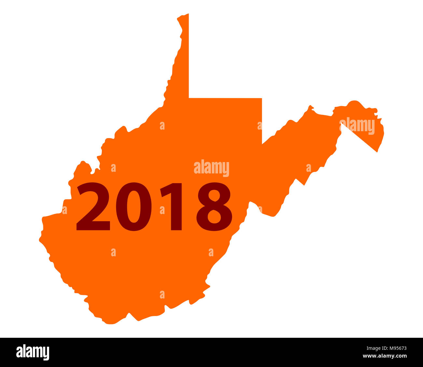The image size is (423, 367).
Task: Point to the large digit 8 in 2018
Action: click(x=214, y=207)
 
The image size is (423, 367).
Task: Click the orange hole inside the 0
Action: click(x=134, y=207)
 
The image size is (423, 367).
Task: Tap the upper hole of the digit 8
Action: click(x=214, y=196)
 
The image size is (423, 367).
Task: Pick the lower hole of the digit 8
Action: click(x=214, y=217)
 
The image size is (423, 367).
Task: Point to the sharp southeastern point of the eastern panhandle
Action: click(x=377, y=152)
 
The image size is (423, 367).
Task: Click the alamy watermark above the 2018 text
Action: click(x=211, y=168)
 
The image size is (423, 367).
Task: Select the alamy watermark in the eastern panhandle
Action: click(x=357, y=126)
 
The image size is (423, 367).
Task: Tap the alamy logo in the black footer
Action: click(x=33, y=352)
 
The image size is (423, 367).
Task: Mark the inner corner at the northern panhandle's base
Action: click(x=189, y=97)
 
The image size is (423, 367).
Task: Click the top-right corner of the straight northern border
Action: click(x=262, y=98)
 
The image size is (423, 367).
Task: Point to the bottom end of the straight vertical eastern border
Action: click(x=262, y=144)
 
